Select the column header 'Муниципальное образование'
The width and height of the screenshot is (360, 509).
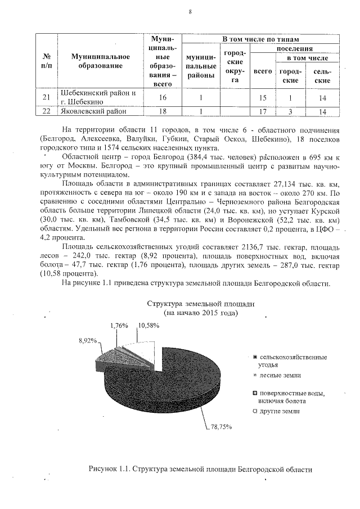click(x=101, y=61)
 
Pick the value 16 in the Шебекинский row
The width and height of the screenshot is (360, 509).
click(x=163, y=97)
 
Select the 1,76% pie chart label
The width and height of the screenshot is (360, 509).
click(x=119, y=326)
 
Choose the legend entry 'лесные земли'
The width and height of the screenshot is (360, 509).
click(x=279, y=375)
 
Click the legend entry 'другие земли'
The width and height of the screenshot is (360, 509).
click(x=279, y=412)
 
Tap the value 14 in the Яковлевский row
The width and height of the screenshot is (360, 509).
click(x=322, y=111)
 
